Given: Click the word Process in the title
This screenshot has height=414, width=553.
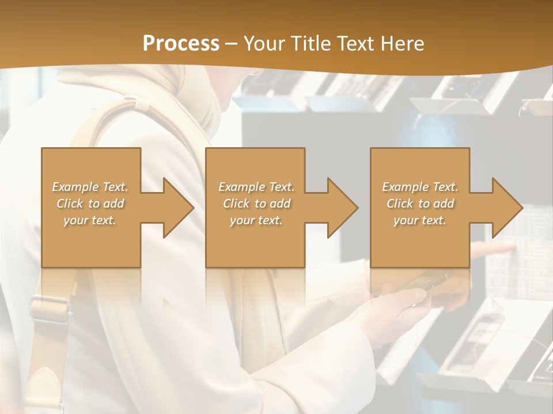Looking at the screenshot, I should tap(181, 43).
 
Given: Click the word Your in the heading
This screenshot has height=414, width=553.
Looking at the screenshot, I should tap(265, 43).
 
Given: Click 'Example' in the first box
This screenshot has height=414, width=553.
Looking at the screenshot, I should tap(75, 187).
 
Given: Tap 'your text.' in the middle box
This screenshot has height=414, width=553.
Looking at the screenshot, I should tap(256, 220).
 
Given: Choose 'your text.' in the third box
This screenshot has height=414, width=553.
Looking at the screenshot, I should tap(420, 220).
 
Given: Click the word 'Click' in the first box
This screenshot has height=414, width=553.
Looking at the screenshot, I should tap(70, 204).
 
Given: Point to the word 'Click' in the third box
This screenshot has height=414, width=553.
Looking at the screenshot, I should tap(400, 204).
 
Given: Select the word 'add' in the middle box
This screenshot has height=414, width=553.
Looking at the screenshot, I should tap(280, 204).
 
